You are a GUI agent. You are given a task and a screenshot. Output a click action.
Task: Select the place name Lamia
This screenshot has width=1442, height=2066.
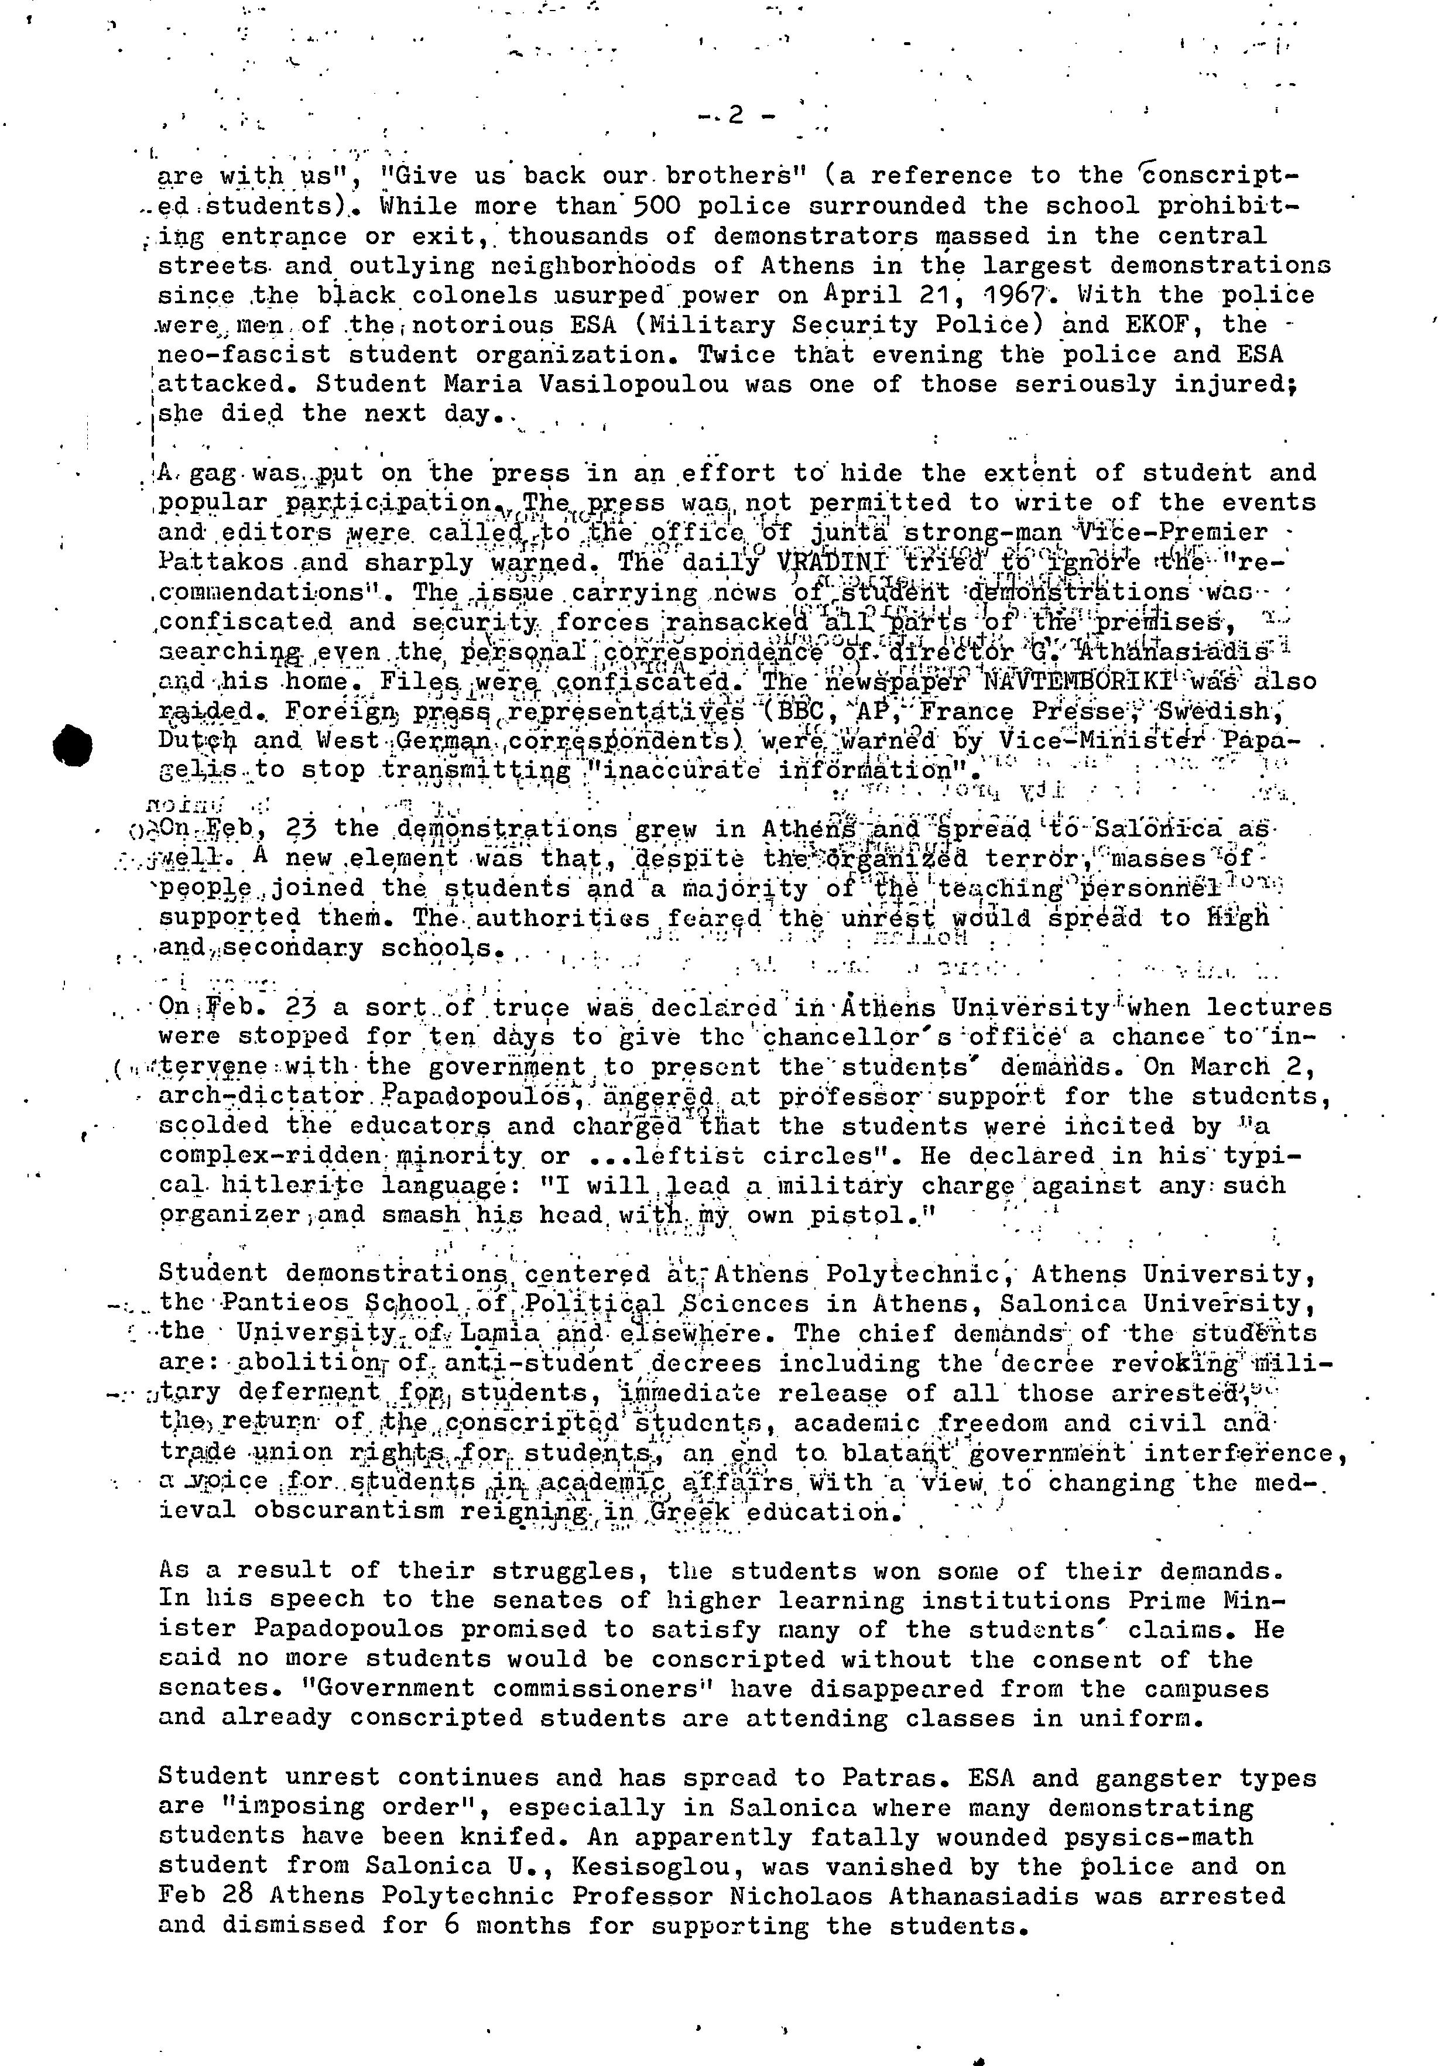pos(507,1334)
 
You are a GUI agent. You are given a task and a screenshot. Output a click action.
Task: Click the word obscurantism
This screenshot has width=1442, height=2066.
pos(347,1512)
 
